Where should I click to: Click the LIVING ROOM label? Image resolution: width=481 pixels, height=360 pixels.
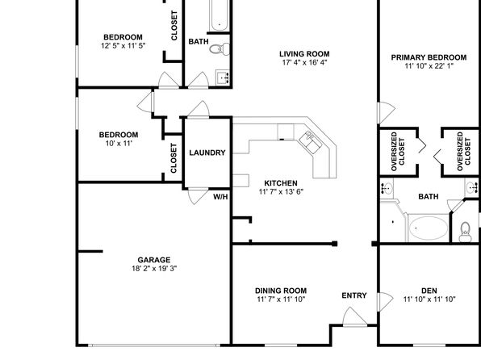(x=304, y=54)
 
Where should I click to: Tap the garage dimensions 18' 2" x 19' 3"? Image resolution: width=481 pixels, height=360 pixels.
(x=154, y=269)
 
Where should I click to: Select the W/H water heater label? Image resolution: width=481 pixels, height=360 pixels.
(x=220, y=197)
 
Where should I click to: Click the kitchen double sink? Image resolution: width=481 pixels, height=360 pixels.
(x=311, y=141)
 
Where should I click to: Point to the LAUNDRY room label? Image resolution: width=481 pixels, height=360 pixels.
(x=207, y=153)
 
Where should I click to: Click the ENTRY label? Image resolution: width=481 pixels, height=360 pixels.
(x=354, y=295)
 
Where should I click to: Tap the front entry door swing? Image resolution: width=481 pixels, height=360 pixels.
(x=354, y=316)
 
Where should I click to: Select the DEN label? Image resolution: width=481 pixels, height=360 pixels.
(x=429, y=291)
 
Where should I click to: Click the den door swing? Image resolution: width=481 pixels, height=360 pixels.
(x=386, y=301)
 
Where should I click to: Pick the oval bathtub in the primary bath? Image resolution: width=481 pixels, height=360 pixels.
(x=429, y=228)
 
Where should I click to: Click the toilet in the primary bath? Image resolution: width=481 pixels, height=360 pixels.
(x=465, y=232)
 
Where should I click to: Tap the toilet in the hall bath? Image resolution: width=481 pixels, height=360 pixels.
(x=220, y=48)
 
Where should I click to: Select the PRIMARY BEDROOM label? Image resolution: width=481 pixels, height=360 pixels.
(x=429, y=57)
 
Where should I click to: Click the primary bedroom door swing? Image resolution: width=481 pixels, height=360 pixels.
(x=387, y=113)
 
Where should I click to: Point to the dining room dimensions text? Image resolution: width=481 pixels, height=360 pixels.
(x=281, y=299)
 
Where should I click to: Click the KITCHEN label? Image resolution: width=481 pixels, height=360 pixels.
(x=281, y=183)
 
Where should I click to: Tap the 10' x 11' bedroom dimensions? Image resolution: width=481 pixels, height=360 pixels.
(x=119, y=144)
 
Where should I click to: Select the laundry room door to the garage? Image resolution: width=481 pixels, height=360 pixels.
(x=198, y=196)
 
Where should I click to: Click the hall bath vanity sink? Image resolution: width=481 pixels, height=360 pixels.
(x=223, y=78)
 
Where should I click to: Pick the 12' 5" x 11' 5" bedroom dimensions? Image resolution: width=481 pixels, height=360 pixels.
(x=123, y=46)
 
